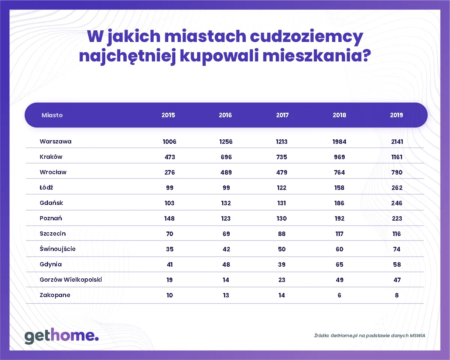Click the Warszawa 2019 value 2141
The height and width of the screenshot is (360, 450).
tap(396, 142)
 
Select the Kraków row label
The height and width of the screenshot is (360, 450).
tap(51, 157)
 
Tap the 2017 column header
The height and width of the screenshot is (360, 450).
tap(282, 115)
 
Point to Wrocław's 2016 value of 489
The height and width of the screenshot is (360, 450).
tap(225, 172)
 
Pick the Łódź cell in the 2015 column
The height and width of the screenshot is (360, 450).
tap(169, 188)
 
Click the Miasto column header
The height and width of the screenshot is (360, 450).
tap(52, 115)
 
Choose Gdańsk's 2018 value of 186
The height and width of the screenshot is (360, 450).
tap(339, 203)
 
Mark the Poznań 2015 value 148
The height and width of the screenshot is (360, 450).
tap(169, 218)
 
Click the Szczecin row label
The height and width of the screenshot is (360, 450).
tap(53, 234)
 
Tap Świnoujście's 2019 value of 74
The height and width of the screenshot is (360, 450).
tap(397, 249)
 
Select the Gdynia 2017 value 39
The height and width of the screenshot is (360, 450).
tap(282, 264)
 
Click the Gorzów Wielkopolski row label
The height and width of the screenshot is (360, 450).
tap(71, 280)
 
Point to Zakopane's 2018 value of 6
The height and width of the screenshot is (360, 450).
tap(339, 295)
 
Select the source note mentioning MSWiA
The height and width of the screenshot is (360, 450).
tap(369, 336)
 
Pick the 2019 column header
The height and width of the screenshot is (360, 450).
tap(396, 115)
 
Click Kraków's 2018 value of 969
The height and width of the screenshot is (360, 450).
tap(339, 157)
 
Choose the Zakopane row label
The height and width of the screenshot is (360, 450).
tap(55, 295)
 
